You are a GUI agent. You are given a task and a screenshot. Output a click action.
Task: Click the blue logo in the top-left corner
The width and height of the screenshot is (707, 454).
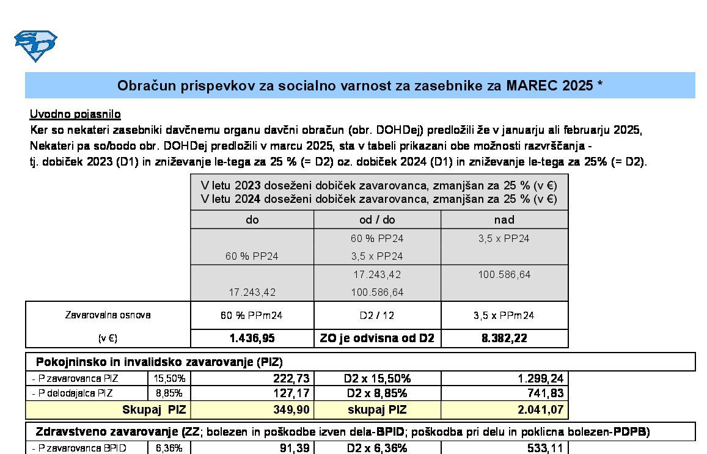pos(35,46)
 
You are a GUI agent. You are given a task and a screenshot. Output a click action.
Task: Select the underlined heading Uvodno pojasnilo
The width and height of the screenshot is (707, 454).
pos(75,114)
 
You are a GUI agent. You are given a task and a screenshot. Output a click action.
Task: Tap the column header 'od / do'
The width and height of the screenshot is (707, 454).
pos(377,219)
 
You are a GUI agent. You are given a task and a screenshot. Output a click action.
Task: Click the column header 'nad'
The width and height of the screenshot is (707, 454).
pos(504,219)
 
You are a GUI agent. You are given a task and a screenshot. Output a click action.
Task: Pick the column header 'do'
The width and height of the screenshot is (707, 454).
pos(252,219)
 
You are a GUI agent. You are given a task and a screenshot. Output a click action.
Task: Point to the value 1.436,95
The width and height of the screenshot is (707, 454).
pos(252,338)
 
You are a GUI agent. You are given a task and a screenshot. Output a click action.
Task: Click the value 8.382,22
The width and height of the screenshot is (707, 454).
pos(504,338)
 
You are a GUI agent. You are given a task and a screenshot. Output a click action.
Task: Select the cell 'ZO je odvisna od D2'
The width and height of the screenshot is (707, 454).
pos(377,338)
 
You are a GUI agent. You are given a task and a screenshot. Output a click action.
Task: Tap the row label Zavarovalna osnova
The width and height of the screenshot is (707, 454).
pos(108,315)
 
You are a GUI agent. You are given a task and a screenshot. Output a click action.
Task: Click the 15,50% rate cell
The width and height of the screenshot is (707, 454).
pos(169,379)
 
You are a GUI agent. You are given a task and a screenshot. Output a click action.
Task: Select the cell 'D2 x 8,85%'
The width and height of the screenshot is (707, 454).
pos(377,394)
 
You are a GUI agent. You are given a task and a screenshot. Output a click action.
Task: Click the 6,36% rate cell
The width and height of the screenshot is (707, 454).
pos(169,449)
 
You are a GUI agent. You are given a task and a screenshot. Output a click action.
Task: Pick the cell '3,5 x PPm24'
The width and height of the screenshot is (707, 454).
pos(504,315)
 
